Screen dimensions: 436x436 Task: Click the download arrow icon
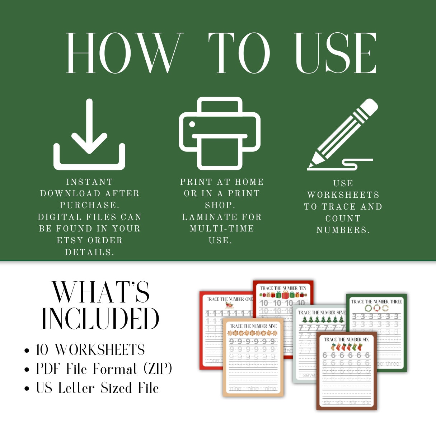click(89, 135)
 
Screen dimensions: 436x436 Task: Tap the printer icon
click(220, 133)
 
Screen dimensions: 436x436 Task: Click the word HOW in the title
click(124, 53)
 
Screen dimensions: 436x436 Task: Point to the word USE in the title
click(336, 53)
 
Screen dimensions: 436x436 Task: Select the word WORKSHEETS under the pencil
click(343, 195)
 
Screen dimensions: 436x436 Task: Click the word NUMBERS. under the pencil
click(343, 230)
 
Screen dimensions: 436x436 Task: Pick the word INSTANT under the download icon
click(89, 182)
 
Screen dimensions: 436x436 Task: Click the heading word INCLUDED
click(100, 319)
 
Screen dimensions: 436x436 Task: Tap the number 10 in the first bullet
click(43, 350)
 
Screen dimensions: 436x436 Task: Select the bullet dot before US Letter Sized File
click(27, 389)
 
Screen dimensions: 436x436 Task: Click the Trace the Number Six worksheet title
click(346, 339)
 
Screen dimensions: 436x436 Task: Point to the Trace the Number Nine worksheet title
click(253, 326)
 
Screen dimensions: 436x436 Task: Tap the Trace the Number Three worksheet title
click(376, 302)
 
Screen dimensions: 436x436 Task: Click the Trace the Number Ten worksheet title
click(283, 288)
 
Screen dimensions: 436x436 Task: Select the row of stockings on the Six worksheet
click(346, 347)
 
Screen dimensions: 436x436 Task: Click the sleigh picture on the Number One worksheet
click(229, 305)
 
